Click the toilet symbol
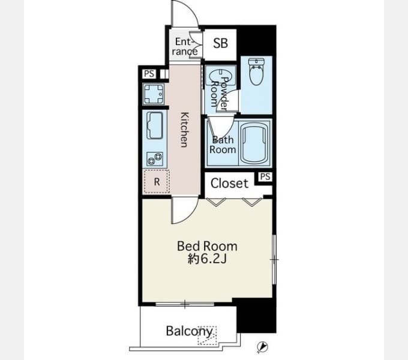257,71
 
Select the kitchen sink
155,125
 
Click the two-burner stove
155,159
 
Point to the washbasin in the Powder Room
221,77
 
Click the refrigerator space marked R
157,182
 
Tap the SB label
220,43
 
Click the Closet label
229,184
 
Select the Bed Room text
207,246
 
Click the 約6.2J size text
207,259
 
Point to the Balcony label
189,331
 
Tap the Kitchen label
184,130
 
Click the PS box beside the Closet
265,176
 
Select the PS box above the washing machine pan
149,74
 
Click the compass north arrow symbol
262,347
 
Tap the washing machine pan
154,94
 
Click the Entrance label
184,46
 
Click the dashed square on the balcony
207,335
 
